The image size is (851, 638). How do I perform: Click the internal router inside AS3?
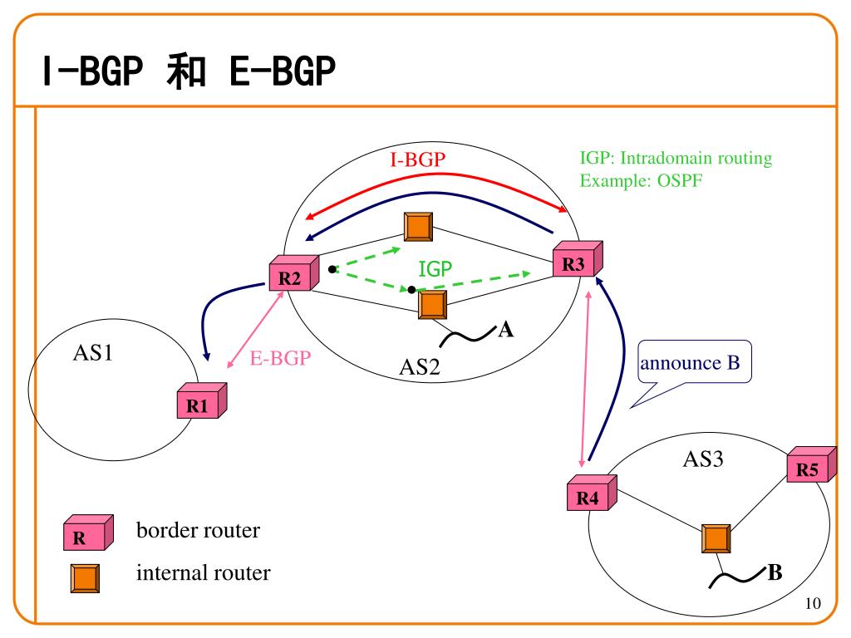point(716,539)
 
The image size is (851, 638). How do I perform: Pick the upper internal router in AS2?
point(417,227)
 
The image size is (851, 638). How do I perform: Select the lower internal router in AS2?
point(432,305)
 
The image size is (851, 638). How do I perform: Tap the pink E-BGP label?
point(279,359)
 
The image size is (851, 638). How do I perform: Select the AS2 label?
point(419,366)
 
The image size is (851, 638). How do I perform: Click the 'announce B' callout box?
point(695,363)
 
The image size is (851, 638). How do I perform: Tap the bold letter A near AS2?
point(505,331)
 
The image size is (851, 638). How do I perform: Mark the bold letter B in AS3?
point(775,572)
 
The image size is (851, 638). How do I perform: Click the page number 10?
point(813,604)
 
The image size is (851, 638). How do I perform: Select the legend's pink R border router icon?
point(86,535)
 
